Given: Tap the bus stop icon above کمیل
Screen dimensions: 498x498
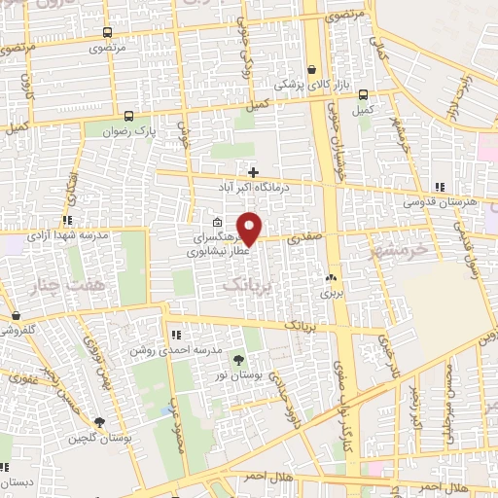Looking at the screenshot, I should pyautogui.click(x=363, y=95).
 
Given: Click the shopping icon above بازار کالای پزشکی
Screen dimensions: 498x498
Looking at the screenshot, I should pyautogui.click(x=311, y=70).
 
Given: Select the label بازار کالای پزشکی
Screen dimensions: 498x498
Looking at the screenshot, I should pyautogui.click(x=308, y=85).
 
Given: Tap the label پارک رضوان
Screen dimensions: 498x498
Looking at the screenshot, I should pyautogui.click(x=131, y=129).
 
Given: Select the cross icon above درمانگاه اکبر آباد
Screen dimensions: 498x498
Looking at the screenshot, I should pyautogui.click(x=253, y=172).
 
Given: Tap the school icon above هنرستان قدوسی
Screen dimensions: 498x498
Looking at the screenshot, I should pyautogui.click(x=440, y=187).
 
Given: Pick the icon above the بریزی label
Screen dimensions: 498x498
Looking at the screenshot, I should pyautogui.click(x=333, y=276).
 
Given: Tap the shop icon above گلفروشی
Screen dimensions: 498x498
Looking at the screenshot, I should pyautogui.click(x=17, y=315).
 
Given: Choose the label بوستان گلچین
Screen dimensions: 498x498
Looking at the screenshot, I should pyautogui.click(x=99, y=437).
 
